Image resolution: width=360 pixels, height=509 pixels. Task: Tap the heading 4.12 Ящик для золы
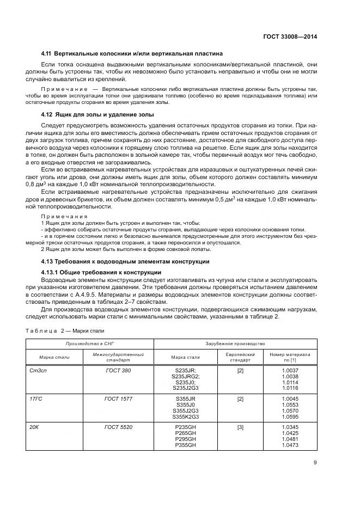point(97,115)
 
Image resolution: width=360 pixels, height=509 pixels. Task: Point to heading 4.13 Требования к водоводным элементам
point(125,261)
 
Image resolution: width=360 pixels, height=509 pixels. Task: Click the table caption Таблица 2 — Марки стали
point(65,330)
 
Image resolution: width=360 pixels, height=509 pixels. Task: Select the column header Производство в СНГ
point(89,344)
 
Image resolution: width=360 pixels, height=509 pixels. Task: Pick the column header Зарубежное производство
point(235,344)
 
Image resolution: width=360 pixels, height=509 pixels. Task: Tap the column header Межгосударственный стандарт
point(118,357)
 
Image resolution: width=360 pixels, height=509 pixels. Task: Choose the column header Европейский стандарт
point(240,357)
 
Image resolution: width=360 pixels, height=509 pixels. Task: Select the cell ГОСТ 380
point(118,371)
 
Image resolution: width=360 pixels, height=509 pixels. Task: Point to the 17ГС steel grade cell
point(35,399)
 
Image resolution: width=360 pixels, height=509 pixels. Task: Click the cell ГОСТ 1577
point(118,399)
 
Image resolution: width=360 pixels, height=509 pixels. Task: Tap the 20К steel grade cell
point(34,428)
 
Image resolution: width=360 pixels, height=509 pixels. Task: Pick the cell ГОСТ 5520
point(118,428)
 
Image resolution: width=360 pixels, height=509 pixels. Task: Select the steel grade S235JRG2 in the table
point(185,376)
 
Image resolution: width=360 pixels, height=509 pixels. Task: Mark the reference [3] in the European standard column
point(240,428)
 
